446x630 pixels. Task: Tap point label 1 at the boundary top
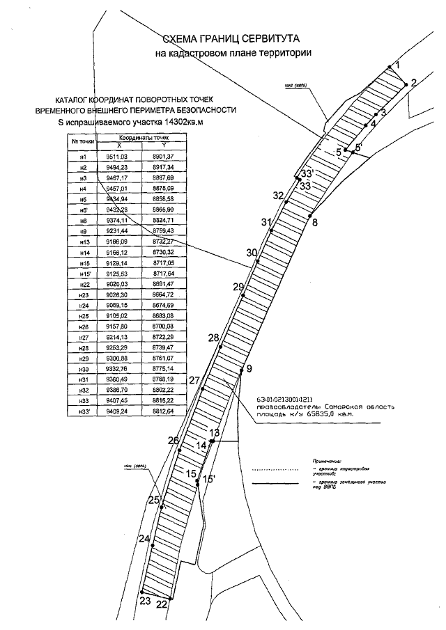[x=397, y=65]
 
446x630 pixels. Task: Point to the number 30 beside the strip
[x=252, y=253]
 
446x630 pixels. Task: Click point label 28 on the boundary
[x=213, y=338]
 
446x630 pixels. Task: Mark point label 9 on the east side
[x=249, y=368]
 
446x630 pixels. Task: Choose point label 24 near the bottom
[x=144, y=539]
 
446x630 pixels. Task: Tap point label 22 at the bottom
[x=162, y=604]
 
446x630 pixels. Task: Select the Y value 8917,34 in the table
[x=164, y=168]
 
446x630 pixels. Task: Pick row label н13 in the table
[x=83, y=241]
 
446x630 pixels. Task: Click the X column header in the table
[x=119, y=145]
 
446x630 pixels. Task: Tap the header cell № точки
[x=83, y=141]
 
